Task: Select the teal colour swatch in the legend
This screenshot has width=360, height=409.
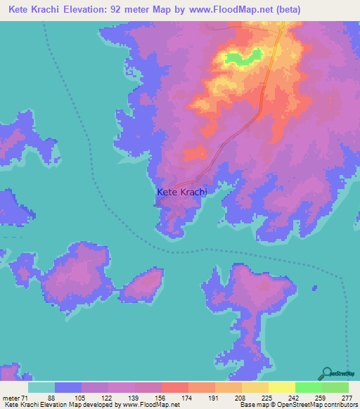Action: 41,388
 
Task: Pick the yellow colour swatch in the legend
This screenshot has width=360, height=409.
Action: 281,388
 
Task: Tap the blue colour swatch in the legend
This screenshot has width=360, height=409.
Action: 68,388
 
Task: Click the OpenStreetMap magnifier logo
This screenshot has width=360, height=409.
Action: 327,373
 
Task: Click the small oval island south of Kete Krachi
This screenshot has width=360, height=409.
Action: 146,285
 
